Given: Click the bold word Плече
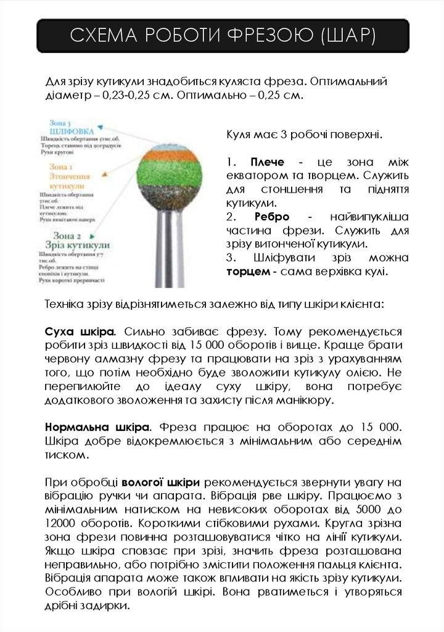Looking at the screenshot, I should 267,162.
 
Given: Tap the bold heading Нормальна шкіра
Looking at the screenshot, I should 97,426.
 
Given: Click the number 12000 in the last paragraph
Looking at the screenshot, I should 63,523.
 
